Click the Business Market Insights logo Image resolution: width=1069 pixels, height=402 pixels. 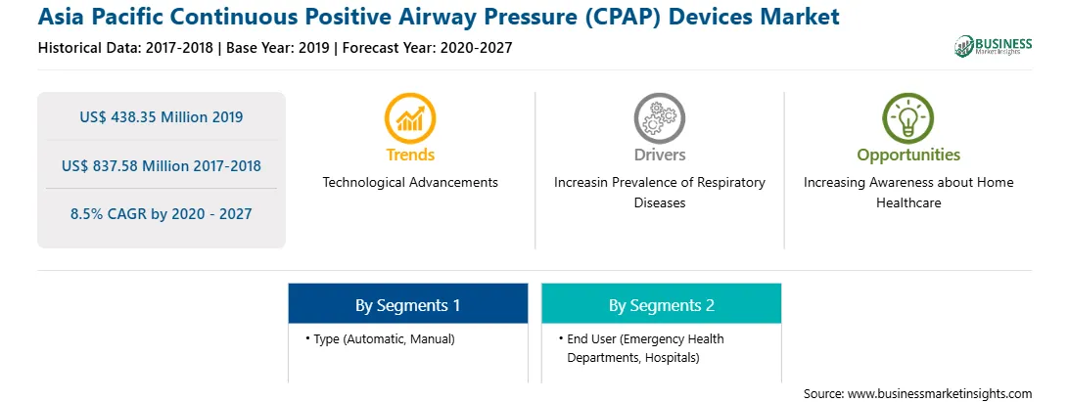(x=994, y=46)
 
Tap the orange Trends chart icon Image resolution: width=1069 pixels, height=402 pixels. (x=410, y=118)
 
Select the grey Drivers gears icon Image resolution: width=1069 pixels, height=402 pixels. (x=659, y=118)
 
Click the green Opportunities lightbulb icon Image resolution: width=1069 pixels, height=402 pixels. (x=908, y=118)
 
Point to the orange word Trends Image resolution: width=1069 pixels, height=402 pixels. (x=410, y=155)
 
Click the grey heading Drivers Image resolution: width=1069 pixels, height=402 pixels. (x=659, y=155)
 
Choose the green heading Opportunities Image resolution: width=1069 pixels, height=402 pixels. (x=908, y=156)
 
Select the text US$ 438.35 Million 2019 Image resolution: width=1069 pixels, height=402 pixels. (x=161, y=116)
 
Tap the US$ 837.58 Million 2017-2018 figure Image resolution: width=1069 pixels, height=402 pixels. (x=161, y=165)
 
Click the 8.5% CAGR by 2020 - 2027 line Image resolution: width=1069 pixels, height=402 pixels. (x=161, y=214)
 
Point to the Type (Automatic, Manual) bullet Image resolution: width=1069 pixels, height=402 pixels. (x=380, y=338)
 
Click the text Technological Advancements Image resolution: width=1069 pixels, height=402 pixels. (x=410, y=182)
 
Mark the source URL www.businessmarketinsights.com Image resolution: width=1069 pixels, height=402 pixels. (x=940, y=393)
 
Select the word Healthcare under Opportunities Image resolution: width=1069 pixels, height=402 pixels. (x=908, y=203)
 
